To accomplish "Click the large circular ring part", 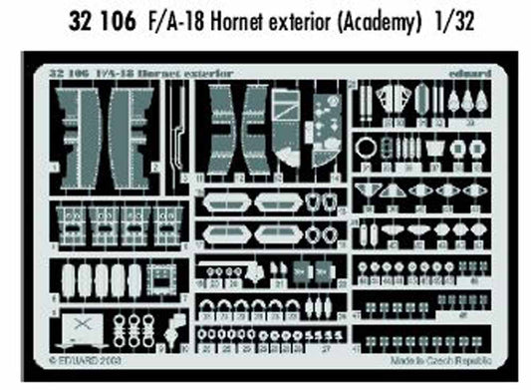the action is click(x=366, y=146).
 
